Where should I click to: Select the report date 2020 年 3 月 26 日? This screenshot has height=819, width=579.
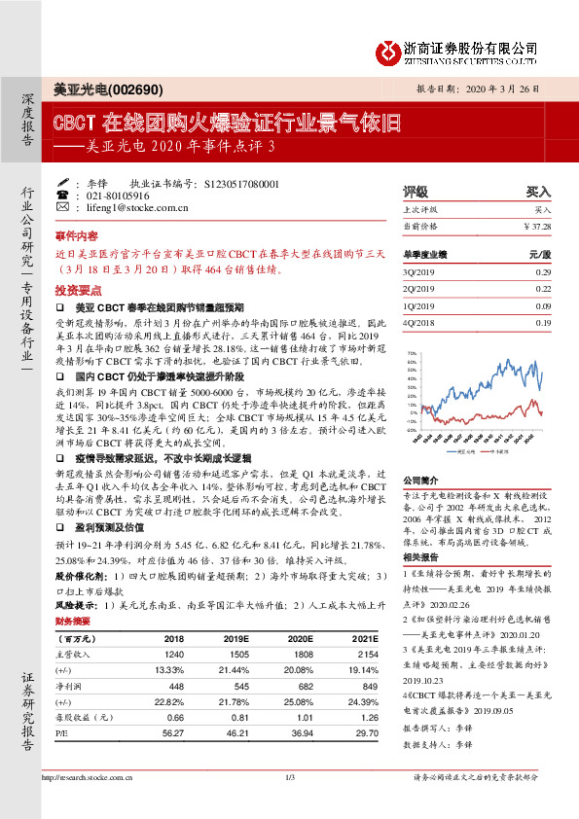[505, 88]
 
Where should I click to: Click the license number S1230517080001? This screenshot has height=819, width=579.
[242, 183]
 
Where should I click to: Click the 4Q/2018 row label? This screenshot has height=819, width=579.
[419, 322]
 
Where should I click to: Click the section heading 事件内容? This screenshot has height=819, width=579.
[77, 235]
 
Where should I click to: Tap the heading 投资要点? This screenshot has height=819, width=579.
[77, 290]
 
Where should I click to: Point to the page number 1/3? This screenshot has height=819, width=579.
[289, 803]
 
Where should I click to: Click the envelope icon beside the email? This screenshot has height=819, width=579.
[63, 208]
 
